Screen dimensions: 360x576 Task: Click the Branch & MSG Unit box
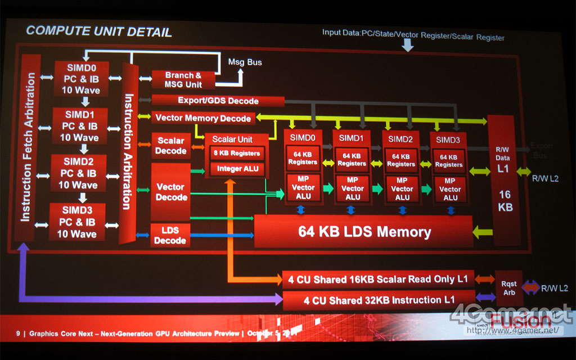pos(183,80)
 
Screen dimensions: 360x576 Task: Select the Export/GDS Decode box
pos(218,101)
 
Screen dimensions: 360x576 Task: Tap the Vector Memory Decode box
pos(203,118)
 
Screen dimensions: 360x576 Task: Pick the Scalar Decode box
pos(171,146)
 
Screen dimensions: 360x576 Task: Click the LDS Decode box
pos(170,235)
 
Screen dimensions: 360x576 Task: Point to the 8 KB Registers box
pos(236,154)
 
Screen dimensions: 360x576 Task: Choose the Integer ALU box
pos(237,169)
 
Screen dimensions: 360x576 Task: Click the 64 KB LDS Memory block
pos(364,232)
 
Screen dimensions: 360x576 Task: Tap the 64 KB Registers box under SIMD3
pos(449,160)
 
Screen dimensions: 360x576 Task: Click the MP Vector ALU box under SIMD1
pos(353,188)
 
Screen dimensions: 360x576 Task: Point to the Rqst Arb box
pos(508,289)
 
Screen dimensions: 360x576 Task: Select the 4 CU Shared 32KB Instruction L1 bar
pos(378,300)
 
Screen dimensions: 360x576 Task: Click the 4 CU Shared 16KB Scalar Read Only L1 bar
pos(377,279)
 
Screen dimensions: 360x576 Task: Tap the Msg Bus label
pos(245,62)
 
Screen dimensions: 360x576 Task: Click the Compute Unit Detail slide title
pos(99,31)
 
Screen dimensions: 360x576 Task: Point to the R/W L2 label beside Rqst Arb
pos(554,289)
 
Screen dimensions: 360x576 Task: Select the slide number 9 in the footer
pos(18,334)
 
